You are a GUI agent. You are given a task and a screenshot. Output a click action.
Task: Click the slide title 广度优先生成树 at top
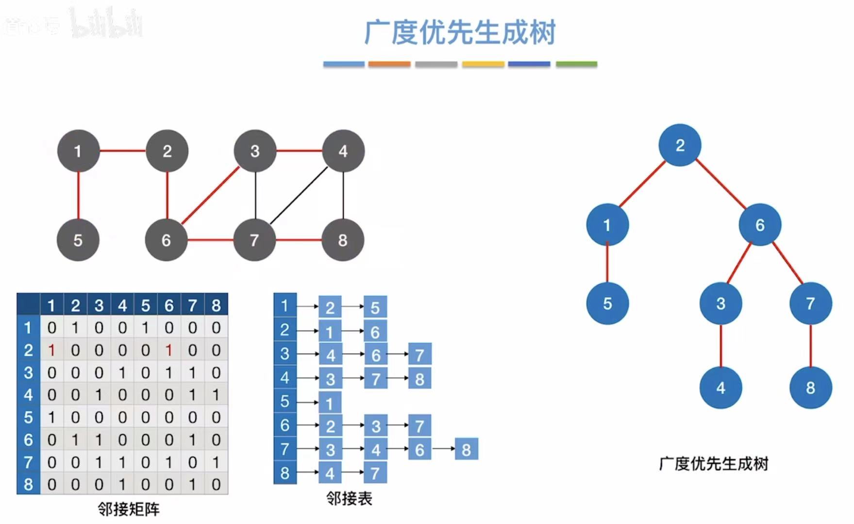click(460, 33)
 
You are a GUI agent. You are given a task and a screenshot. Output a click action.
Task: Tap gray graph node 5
click(78, 240)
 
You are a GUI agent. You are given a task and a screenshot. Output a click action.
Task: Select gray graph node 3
click(255, 151)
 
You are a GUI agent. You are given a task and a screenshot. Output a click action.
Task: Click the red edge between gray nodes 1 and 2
click(123, 151)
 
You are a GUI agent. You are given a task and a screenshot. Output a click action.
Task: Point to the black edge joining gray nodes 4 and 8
click(343, 195)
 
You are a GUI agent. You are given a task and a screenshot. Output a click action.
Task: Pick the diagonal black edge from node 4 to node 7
click(299, 196)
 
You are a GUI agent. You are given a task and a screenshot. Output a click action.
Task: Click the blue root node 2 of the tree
click(680, 145)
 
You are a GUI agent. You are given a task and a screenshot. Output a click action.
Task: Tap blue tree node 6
click(760, 225)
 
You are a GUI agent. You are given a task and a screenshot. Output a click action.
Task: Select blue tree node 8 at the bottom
click(810, 388)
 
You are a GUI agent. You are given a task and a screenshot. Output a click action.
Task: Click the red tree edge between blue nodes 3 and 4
click(721, 346)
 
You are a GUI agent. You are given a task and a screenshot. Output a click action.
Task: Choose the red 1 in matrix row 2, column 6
click(169, 350)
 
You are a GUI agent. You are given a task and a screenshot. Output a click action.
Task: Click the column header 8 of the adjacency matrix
click(216, 305)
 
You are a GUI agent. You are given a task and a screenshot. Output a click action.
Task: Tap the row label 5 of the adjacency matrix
click(28, 417)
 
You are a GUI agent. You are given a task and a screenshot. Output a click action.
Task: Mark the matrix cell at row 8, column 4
click(122, 484)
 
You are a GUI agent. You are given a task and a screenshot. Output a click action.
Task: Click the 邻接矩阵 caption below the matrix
click(129, 509)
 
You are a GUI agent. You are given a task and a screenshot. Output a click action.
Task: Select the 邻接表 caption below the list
click(349, 498)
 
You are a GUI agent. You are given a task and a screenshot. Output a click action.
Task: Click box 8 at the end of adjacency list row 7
click(466, 450)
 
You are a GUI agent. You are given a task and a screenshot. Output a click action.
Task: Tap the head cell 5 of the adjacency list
click(285, 402)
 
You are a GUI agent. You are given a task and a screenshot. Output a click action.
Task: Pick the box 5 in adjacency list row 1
click(375, 307)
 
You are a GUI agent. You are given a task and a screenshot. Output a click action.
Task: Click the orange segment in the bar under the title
click(389, 64)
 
